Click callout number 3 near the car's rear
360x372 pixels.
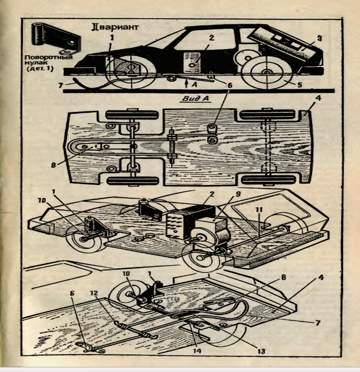[x=319, y=38]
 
